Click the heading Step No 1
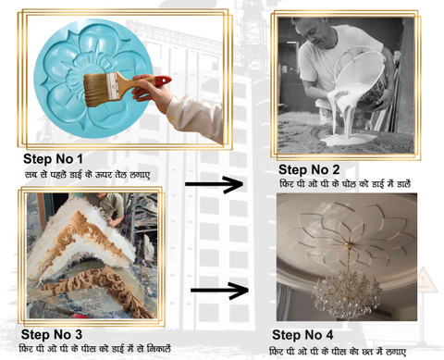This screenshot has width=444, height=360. pos(53,159)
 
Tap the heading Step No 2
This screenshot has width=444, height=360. pos(309,169)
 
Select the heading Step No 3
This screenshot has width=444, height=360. pos(52,334)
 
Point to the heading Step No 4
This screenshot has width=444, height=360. pos(302,335)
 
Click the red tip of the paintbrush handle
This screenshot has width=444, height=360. pos(163,81)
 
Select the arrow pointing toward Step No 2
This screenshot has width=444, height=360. pos(214,184)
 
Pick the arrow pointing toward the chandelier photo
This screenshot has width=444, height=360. pos(219,291)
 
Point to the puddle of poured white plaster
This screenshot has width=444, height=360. pos(344,141)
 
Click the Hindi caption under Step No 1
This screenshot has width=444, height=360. pos(88,175)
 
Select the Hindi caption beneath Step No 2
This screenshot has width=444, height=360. pos(345,184)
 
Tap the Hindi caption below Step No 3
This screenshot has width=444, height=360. pos(94,349)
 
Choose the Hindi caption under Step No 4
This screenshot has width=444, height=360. pos(338,352)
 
